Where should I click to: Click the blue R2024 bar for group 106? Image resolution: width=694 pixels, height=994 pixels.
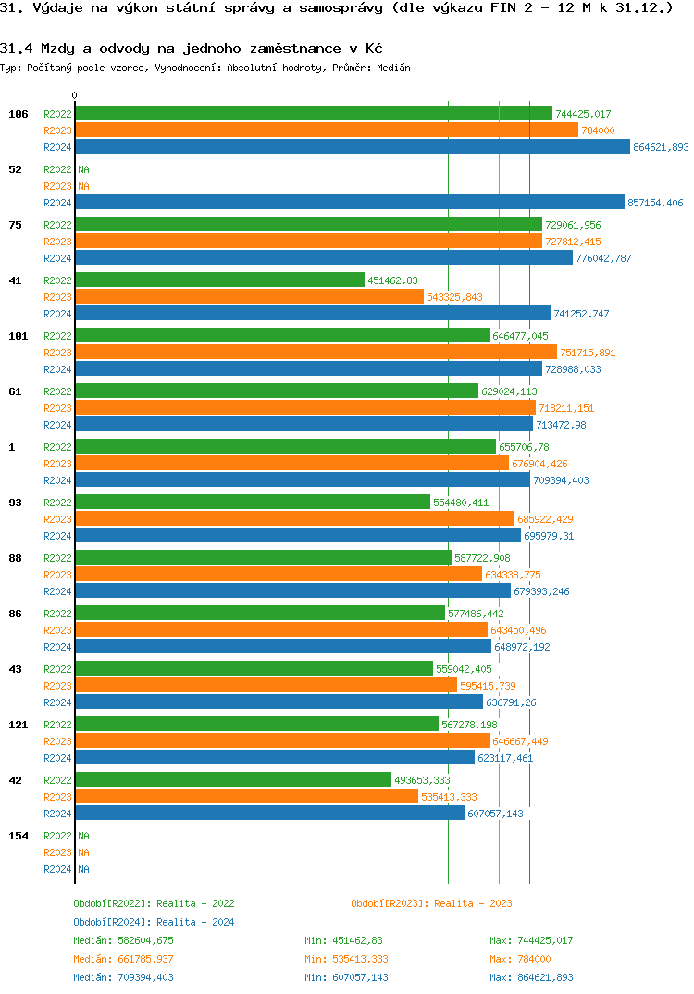click(352, 147)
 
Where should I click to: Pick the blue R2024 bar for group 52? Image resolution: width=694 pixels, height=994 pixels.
click(349, 203)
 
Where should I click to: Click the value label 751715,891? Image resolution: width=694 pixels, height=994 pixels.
click(588, 353)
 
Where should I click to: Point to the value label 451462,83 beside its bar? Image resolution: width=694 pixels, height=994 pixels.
click(393, 280)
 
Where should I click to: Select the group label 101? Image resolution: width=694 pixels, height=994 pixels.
click(19, 336)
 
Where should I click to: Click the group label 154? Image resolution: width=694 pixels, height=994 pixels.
click(19, 836)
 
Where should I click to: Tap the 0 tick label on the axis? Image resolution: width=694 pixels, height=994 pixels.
click(75, 96)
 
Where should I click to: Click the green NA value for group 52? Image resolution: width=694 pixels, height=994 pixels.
click(83, 169)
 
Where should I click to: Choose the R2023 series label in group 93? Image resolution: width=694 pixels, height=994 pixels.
click(57, 519)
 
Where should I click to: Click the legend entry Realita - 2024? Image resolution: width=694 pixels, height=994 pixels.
click(195, 922)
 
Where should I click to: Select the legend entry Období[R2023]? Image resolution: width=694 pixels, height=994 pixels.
click(390, 903)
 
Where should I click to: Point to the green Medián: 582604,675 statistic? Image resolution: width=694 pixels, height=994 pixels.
click(123, 940)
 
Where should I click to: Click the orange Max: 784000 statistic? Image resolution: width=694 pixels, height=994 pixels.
click(520, 959)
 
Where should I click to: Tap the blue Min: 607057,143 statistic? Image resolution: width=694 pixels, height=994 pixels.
click(346, 977)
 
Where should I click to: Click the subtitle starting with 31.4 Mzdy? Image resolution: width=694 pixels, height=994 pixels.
click(192, 48)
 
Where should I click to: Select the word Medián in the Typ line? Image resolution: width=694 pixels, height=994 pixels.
click(394, 68)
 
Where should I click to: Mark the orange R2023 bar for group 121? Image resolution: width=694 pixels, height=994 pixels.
click(281, 741)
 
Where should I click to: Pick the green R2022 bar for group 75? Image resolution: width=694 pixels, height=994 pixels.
click(308, 225)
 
